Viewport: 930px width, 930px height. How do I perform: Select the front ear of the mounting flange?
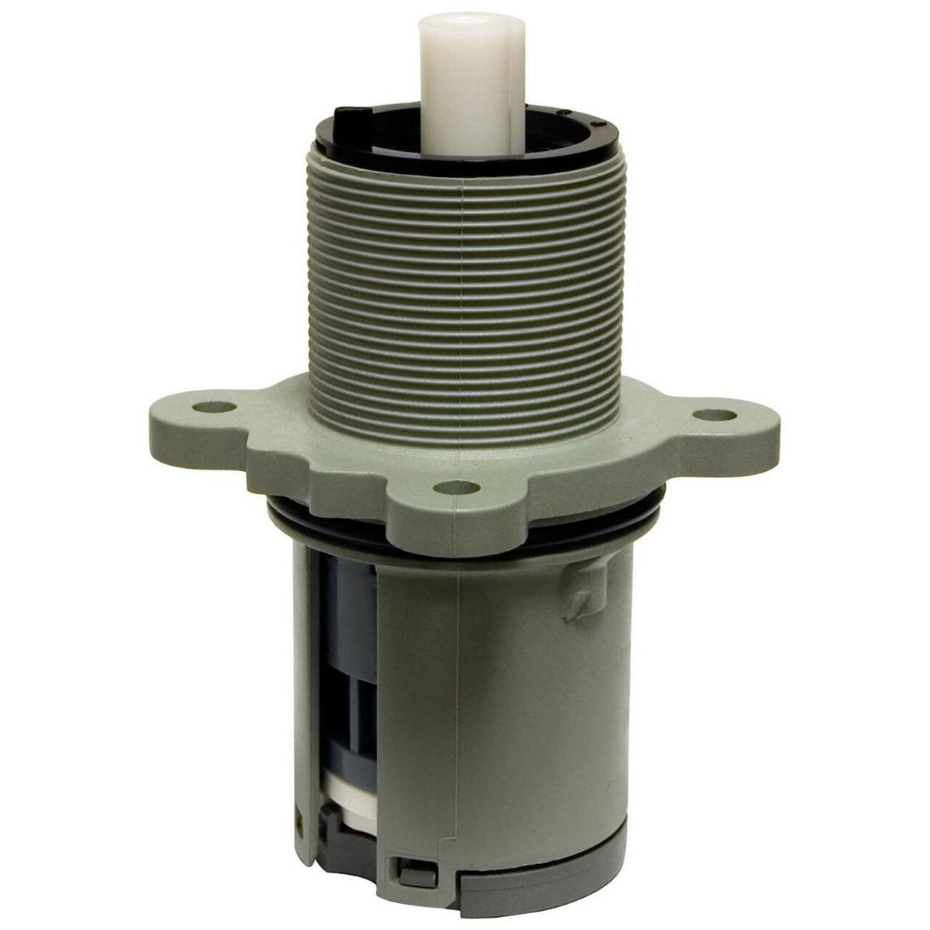click(460, 502)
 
